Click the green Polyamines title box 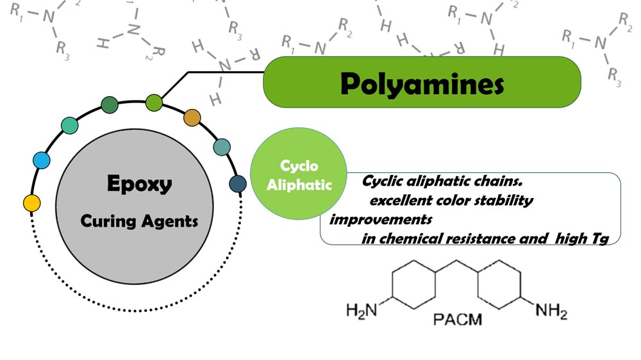422,83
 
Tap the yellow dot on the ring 31,203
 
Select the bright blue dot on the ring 42,160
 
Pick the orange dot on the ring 192,118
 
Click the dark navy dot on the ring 237,184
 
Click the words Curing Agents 139,221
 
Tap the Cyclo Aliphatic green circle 299,175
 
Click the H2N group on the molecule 362,311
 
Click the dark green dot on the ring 110,105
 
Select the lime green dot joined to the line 154,101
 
